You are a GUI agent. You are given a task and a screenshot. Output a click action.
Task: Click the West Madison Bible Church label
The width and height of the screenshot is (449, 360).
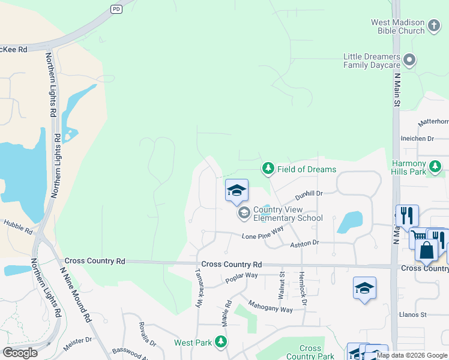click(397, 27)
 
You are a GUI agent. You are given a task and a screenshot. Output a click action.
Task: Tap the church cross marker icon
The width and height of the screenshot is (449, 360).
click(435, 27)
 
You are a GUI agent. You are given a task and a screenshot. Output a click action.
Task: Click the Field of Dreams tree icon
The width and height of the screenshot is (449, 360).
click(268, 169)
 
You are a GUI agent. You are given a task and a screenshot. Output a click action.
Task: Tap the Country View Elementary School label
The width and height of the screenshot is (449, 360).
click(288, 214)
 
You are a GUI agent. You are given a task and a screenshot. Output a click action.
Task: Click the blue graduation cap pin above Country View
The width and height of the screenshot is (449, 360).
click(237, 191)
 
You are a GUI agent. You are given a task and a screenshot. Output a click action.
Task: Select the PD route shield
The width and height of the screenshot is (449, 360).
click(116, 9)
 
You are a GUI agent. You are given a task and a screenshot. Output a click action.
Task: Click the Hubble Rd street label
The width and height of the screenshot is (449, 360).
click(18, 227)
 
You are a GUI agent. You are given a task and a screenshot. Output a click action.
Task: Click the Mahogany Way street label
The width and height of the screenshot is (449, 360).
click(270, 305)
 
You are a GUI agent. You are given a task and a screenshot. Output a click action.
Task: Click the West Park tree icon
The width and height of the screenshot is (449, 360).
click(221, 342)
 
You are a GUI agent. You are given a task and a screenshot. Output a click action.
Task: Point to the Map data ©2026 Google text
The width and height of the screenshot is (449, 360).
click(412, 355)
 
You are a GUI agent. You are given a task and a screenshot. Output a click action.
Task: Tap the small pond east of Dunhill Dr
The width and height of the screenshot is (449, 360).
click(350, 222)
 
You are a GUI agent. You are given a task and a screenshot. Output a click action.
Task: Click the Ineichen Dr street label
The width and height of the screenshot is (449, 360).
click(417, 139)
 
